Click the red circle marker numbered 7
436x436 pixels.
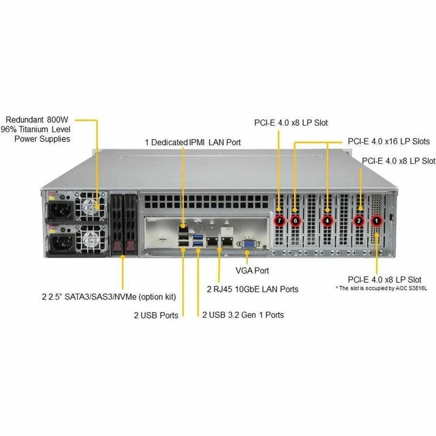tap(279, 221)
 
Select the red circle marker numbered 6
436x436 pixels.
tap(295, 221)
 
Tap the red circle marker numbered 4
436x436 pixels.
tap(328, 221)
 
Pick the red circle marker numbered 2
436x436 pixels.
tap(359, 221)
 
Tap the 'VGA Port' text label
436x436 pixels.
tap(252, 271)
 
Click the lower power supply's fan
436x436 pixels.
tap(92, 239)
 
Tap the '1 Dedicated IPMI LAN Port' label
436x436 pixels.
tap(193, 142)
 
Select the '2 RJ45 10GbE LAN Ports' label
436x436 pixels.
tap(252, 289)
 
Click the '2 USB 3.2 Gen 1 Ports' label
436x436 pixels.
tap(243, 315)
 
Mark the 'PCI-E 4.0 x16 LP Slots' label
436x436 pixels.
tap(389, 141)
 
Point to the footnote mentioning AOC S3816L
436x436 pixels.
tap(385, 288)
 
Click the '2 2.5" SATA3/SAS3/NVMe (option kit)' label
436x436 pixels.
tap(109, 296)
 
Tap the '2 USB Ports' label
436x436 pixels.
tap(156, 315)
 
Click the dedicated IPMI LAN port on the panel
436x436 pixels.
tap(184, 226)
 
